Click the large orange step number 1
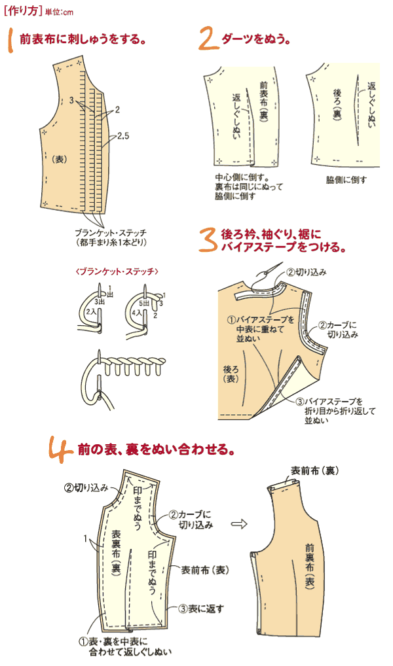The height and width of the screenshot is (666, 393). point(12,40)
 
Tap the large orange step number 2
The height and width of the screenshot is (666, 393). point(208,40)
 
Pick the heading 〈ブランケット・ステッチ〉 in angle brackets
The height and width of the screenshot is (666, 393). point(117,270)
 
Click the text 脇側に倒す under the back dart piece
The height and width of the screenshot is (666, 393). point(346,180)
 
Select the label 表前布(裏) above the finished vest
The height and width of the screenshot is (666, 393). point(314,471)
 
